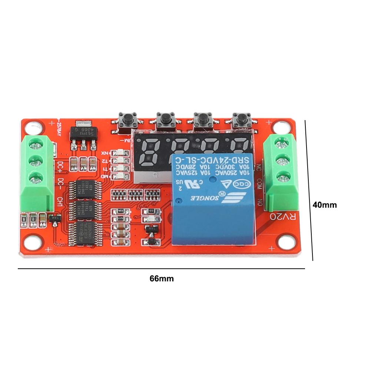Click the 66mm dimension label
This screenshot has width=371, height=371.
[x=162, y=279]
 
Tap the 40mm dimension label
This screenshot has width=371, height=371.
[x=325, y=205]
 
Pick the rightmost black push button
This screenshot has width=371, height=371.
[x=240, y=119]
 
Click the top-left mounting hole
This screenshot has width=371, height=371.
[x=34, y=128]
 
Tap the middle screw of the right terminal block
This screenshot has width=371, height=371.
[x=281, y=161]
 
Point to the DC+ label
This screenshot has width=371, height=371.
[x=59, y=166]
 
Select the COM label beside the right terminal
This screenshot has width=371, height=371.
[x=259, y=184]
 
